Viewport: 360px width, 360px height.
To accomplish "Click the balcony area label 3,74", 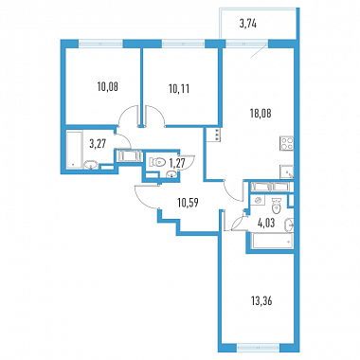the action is pyautogui.click(x=247, y=24).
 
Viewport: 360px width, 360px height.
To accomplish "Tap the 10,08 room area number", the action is pyautogui.click(x=108, y=87).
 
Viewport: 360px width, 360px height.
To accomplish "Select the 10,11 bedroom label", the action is pyautogui.click(x=179, y=89).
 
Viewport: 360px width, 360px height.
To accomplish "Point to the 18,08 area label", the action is pyautogui.click(x=261, y=113).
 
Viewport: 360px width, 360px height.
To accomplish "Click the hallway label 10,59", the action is pyautogui.click(x=188, y=203).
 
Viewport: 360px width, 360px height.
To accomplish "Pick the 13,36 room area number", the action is pyautogui.click(x=261, y=301).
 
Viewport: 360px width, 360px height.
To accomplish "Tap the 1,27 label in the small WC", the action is pyautogui.click(x=177, y=163).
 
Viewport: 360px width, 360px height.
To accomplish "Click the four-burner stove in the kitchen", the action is pyautogui.click(x=287, y=144).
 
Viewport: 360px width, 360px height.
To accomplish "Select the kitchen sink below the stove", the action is pyautogui.click(x=287, y=172).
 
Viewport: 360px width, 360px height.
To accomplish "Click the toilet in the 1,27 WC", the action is pyautogui.click(x=157, y=162).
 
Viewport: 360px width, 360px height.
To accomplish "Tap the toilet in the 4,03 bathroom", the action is pyautogui.click(x=277, y=205).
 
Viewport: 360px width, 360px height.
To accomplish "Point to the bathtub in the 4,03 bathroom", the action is pyautogui.click(x=272, y=242).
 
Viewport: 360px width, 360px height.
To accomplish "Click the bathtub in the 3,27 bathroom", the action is pyautogui.click(x=75, y=150).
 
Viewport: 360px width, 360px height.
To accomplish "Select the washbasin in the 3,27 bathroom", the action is pyautogui.click(x=91, y=165).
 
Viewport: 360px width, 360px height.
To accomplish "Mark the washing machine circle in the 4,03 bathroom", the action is pyautogui.click(x=259, y=200).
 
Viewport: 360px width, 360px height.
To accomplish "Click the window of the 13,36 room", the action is pyautogui.click(x=259, y=348).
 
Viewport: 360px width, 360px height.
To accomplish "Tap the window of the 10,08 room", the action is pyautogui.click(x=100, y=44).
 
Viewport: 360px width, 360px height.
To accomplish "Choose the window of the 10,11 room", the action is pyautogui.click(x=184, y=44).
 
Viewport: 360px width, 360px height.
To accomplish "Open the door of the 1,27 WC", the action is pyautogui.click(x=188, y=162).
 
